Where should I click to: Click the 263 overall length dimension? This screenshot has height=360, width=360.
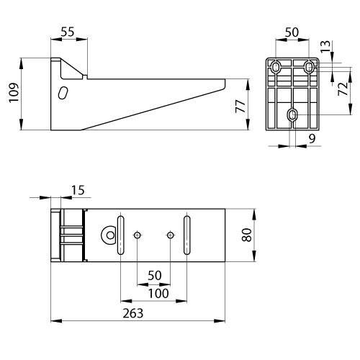click(x=133, y=313)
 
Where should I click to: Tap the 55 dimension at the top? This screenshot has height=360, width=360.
click(x=68, y=32)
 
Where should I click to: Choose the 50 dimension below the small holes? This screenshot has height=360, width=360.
click(x=153, y=276)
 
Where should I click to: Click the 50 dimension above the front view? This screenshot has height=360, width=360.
click(x=293, y=32)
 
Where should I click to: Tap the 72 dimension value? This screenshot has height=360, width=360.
click(x=343, y=90)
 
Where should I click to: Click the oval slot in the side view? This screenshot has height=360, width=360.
click(x=63, y=94)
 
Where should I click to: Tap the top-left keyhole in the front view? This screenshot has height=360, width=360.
click(x=276, y=67)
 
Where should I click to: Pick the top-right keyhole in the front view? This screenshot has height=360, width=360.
click(x=310, y=68)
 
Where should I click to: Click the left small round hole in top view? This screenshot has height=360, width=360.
click(x=137, y=235)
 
